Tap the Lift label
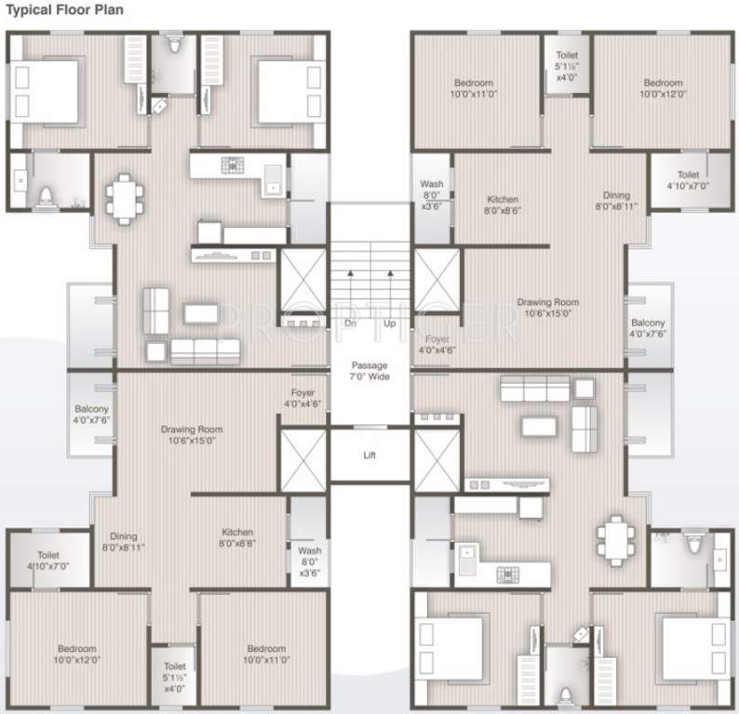tap(369, 456)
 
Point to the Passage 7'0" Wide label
tap(369, 370)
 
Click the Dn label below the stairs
tap(351, 323)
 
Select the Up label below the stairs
tap(389, 323)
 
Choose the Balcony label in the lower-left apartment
tap(92, 414)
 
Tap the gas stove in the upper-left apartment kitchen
tap(232, 165)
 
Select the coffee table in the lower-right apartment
tap(539, 426)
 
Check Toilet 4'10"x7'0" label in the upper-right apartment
tap(688, 180)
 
